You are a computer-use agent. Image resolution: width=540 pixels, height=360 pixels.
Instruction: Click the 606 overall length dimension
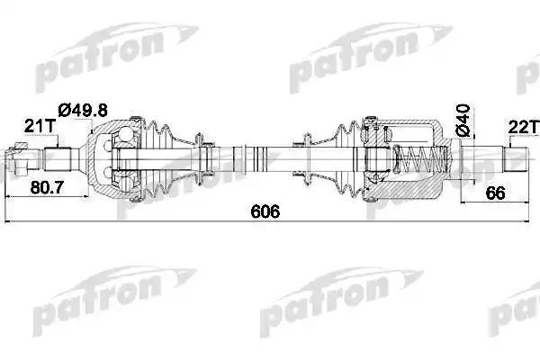coord(265,211)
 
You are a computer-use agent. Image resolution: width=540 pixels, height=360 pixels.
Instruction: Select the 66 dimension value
coord(495,193)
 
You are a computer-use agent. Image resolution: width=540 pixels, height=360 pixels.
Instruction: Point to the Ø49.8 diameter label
coord(83,110)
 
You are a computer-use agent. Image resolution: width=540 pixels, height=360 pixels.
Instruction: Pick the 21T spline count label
coord(40,126)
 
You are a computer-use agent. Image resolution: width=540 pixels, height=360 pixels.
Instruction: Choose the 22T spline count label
coord(523,127)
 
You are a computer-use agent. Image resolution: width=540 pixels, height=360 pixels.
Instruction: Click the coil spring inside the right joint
coord(423,158)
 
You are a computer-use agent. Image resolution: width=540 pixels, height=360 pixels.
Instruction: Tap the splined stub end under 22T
coord(516,158)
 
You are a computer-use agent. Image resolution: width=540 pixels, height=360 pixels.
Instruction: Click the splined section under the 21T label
coord(58,158)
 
